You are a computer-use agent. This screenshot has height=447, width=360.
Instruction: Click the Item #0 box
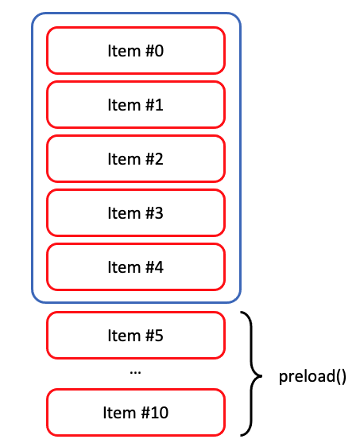click(x=136, y=50)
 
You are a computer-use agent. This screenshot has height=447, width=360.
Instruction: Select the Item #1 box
click(x=136, y=105)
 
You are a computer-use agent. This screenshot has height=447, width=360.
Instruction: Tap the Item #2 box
click(x=136, y=159)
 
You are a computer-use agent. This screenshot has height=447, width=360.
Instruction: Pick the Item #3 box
click(x=136, y=213)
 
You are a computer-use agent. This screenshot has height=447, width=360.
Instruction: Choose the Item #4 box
click(x=136, y=267)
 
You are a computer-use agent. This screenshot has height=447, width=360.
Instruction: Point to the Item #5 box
click(x=136, y=336)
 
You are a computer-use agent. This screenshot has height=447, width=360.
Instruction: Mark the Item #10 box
click(x=136, y=412)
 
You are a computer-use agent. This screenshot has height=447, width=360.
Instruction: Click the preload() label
click(x=312, y=376)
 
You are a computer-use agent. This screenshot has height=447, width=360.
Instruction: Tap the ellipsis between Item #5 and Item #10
click(x=135, y=372)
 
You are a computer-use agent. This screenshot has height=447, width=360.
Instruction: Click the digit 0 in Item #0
click(x=159, y=51)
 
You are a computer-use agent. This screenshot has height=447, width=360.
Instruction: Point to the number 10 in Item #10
click(x=159, y=413)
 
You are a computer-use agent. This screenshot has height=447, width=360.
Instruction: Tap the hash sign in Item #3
click(x=149, y=213)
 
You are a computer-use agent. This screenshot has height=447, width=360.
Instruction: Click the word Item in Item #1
click(x=124, y=105)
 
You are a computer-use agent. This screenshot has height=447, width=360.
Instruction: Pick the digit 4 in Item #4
click(x=159, y=267)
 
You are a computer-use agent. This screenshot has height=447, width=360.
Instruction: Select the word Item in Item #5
click(x=124, y=336)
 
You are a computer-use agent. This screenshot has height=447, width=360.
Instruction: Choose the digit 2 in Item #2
click(x=159, y=159)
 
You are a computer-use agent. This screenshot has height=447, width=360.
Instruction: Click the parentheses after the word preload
click(x=341, y=376)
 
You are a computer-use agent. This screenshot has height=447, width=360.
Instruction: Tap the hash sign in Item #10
click(x=145, y=413)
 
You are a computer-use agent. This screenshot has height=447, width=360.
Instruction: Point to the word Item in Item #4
click(x=124, y=267)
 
